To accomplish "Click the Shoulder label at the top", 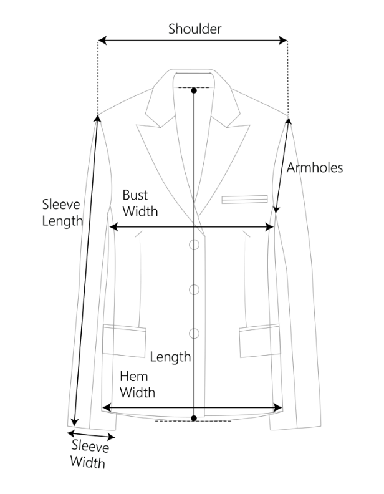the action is [x=194, y=29].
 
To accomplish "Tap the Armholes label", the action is [x=315, y=167].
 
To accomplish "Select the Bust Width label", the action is [x=140, y=203].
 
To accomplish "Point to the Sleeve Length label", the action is [x=62, y=212].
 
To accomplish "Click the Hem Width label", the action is [x=137, y=385].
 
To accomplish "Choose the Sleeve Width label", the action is [x=89, y=455].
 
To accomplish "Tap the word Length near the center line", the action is [x=170, y=357].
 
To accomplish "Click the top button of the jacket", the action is [x=194, y=245].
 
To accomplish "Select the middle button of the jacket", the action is [x=194, y=289].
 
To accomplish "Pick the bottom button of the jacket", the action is [x=194, y=332].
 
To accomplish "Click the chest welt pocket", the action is [x=244, y=200].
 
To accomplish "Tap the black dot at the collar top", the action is [x=194, y=91].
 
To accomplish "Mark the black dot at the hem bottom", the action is [x=194, y=417].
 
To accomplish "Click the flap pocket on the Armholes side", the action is [x=259, y=340].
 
